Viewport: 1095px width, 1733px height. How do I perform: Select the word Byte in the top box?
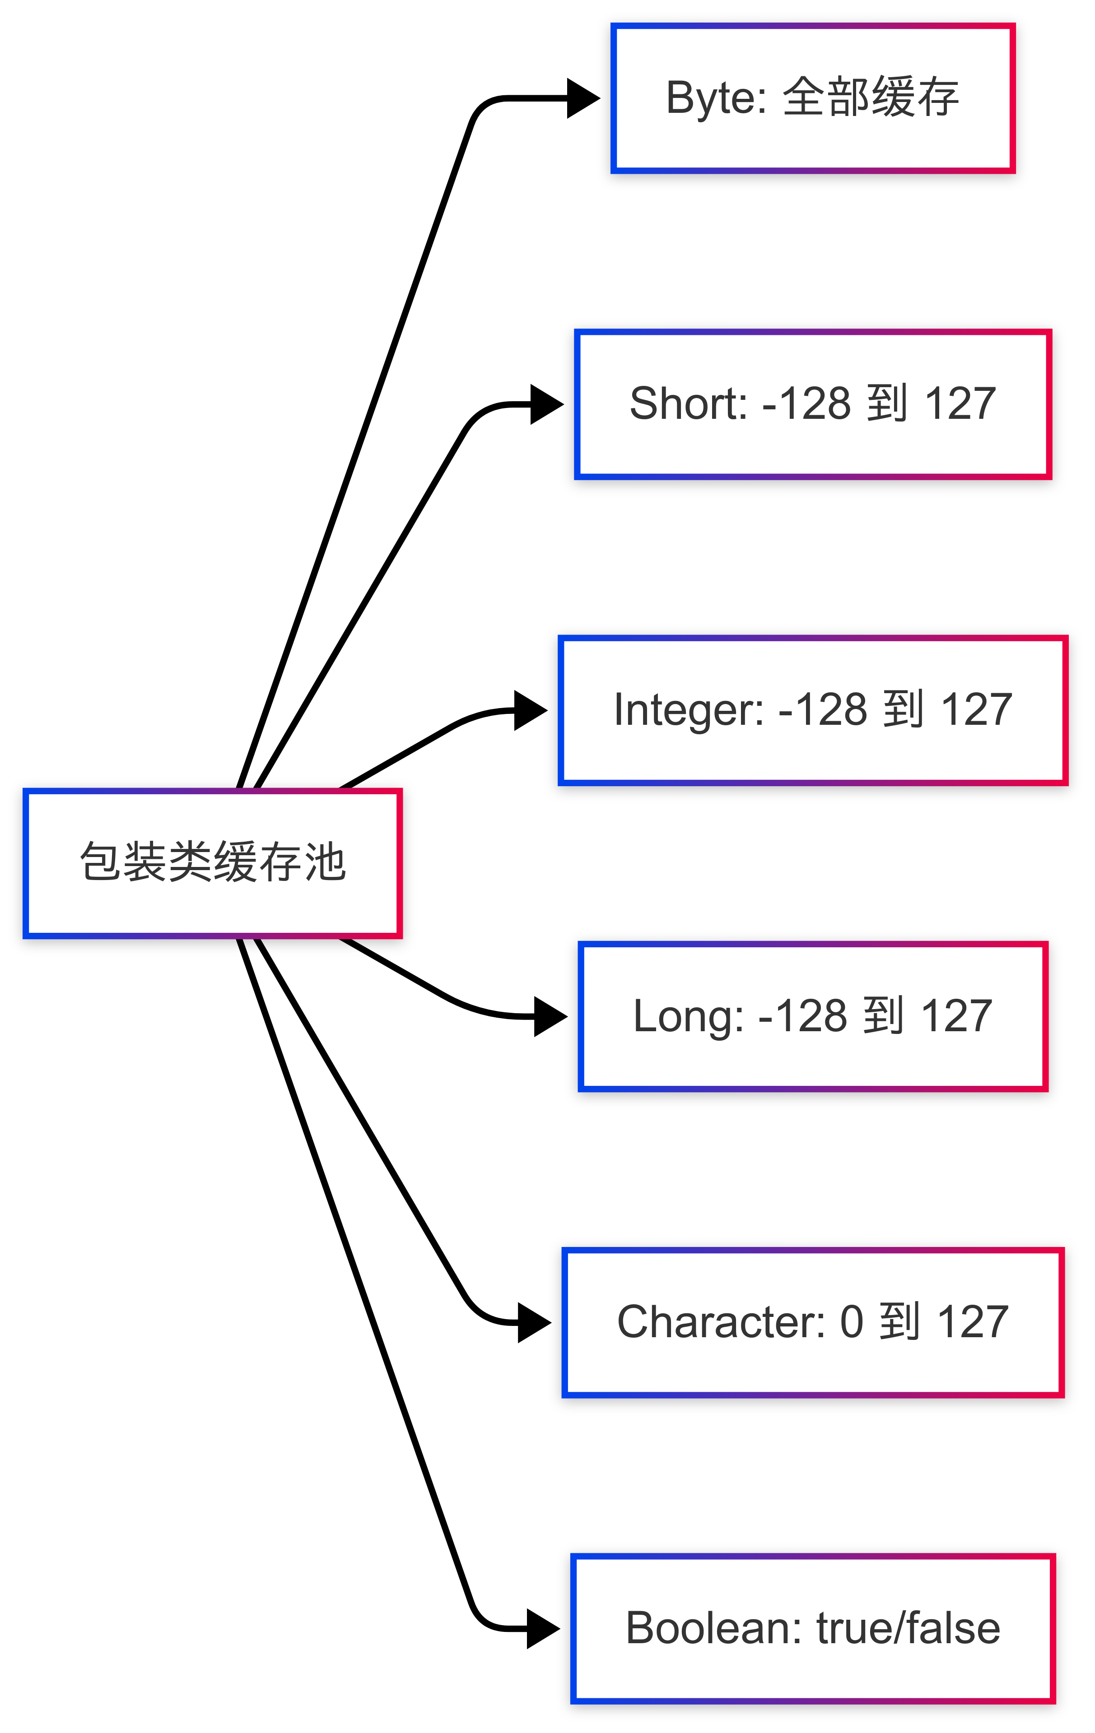pos(715,98)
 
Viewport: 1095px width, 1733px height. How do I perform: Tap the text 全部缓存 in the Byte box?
pos(871,98)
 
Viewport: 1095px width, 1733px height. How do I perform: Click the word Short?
pos(688,404)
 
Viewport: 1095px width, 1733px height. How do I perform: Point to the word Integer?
pos(688,710)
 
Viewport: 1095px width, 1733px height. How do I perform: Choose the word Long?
pos(688,1016)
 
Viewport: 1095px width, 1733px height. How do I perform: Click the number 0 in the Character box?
pos(852,1323)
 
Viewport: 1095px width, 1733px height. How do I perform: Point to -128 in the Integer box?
pos(823,710)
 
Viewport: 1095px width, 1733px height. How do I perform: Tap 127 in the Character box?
pos(973,1323)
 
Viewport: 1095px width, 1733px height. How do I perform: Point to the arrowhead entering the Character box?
pos(534,1323)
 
